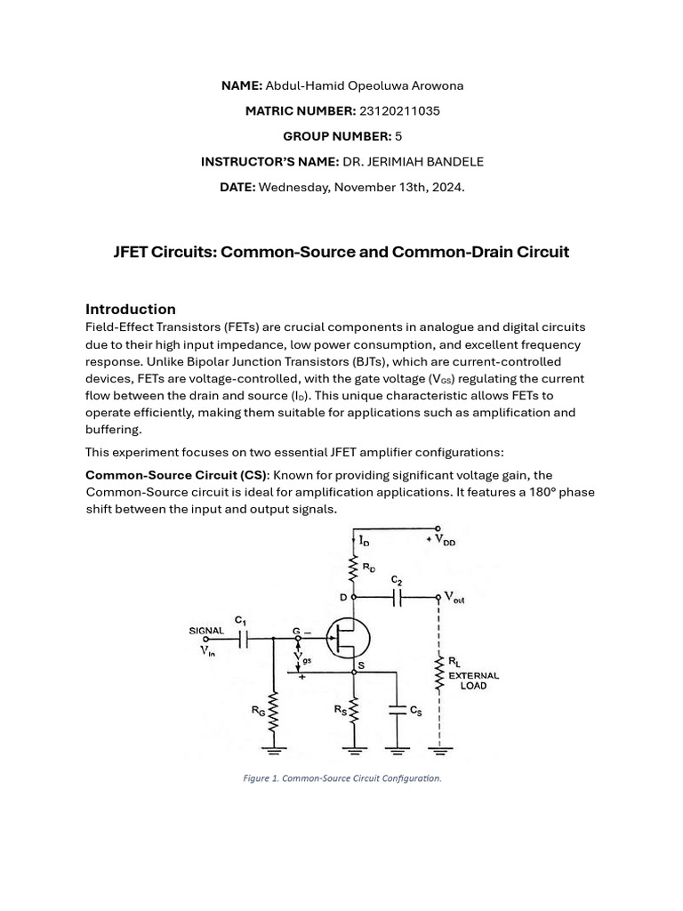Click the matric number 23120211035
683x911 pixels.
(x=399, y=111)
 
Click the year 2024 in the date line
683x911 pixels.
(x=447, y=187)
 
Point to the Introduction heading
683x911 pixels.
(x=131, y=309)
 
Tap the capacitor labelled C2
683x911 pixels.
(x=398, y=597)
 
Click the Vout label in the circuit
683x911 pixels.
(x=454, y=599)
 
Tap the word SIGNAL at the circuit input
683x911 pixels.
(x=207, y=630)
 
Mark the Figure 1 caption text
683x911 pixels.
(x=341, y=778)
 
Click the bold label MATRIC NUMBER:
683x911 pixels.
(x=300, y=111)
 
